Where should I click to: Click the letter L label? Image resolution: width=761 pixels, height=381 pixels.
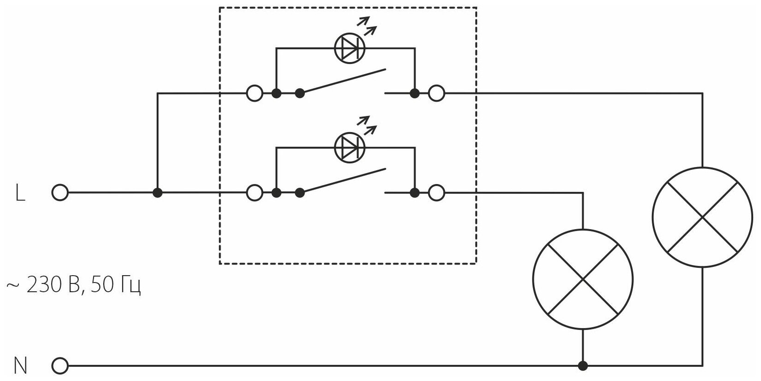(20, 194)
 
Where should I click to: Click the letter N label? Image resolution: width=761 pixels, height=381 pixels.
(21, 367)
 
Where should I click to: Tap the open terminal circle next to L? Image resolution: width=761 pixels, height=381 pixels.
(60, 193)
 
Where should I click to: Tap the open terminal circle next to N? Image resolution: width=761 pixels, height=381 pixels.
(60, 367)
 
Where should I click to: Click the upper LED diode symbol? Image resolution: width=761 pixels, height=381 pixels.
(349, 48)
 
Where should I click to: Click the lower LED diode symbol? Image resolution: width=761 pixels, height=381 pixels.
(349, 148)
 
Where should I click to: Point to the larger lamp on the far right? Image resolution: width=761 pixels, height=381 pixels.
(702, 216)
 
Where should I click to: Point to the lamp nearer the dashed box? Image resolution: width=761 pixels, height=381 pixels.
(583, 279)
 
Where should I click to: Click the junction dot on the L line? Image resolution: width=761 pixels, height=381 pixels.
(158, 193)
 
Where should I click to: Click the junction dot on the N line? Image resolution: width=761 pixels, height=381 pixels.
(583, 367)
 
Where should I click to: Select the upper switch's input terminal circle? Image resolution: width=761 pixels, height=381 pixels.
(255, 93)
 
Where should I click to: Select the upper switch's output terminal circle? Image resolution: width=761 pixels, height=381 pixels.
(437, 93)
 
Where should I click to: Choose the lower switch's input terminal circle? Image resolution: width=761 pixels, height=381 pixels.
(255, 193)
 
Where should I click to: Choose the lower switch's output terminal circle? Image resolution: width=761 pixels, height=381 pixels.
(437, 193)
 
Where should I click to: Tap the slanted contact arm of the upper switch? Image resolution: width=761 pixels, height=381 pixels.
(343, 82)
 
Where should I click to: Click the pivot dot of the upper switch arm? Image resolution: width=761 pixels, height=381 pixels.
(300, 93)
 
